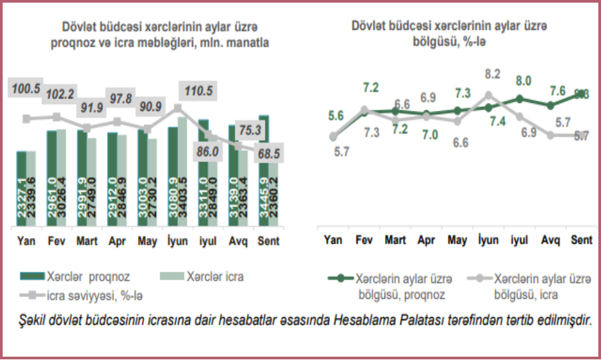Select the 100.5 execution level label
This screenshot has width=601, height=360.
coord(29,88)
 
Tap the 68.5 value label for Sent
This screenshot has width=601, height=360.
coord(270,152)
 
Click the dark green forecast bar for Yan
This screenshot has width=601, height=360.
coord(22,189)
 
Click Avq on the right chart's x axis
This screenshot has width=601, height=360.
coord(551,240)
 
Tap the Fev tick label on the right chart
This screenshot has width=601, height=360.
coord(363,240)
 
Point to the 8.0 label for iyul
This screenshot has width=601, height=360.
coord(524,82)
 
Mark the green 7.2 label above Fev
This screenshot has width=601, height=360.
coord(371,88)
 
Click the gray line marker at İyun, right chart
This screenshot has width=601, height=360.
coord(489,96)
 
